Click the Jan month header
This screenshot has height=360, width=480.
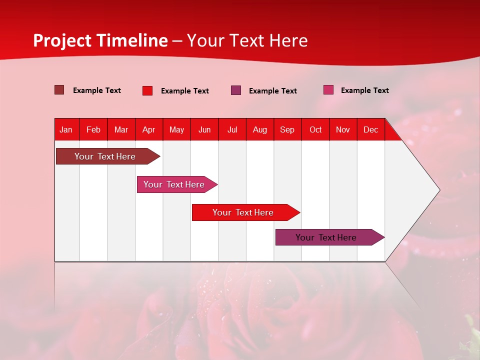(66, 129)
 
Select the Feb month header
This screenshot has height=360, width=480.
(93, 129)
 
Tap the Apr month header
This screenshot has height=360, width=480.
(149, 129)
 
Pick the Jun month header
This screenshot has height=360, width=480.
(204, 129)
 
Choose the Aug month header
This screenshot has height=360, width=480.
(260, 129)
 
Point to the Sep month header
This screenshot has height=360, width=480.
(287, 129)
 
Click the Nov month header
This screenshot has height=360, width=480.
(343, 129)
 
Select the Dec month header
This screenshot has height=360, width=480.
(371, 129)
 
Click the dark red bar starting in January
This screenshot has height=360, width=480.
(105, 156)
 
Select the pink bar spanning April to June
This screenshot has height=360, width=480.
(174, 184)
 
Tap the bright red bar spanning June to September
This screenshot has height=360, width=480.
(243, 212)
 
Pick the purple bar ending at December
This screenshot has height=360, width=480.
(326, 237)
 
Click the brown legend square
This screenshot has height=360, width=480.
(59, 90)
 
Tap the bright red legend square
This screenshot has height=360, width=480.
(147, 90)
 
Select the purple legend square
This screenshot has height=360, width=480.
(236, 90)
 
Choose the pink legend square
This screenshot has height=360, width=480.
(328, 90)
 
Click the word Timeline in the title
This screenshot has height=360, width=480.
(132, 40)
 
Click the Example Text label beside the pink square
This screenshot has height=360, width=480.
(364, 90)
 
